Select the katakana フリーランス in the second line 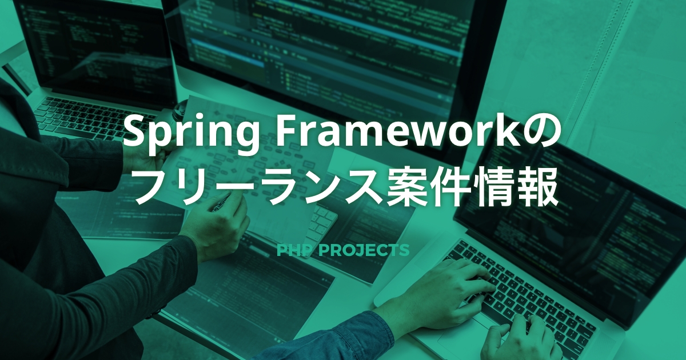tap(259, 187)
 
